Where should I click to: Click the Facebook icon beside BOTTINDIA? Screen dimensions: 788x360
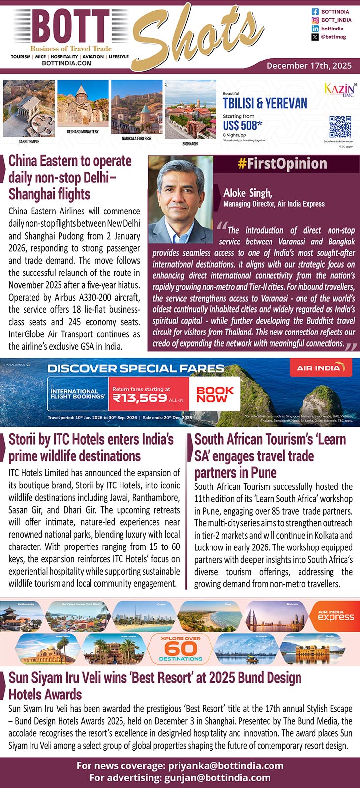pyautogui.click(x=315, y=11)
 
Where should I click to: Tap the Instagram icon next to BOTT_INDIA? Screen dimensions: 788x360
pyautogui.click(x=315, y=20)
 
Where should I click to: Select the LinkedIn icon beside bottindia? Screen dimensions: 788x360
pyautogui.click(x=315, y=29)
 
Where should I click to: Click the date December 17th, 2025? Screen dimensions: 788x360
pyautogui.click(x=309, y=65)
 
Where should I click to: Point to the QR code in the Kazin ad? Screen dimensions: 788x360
pyautogui.click(x=340, y=127)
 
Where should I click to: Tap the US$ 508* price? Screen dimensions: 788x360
pyautogui.click(x=242, y=125)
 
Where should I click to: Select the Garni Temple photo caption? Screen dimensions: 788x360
pyautogui.click(x=29, y=141)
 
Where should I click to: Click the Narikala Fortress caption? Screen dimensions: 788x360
pyautogui.click(x=137, y=139)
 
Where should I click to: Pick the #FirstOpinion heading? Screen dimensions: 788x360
pyautogui.click(x=282, y=164)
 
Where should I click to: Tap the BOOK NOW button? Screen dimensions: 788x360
pyautogui.click(x=215, y=394)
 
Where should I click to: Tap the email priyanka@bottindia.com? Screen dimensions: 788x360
pyautogui.click(x=226, y=765)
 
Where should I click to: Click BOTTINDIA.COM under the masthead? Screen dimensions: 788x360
pyautogui.click(x=67, y=63)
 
